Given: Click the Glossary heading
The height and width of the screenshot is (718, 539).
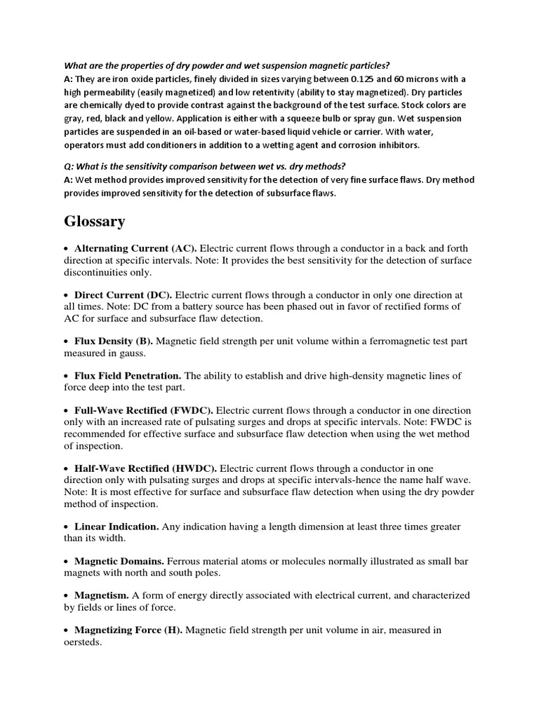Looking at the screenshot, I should point(95,222).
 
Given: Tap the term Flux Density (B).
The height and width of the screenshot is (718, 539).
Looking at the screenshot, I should point(114,341).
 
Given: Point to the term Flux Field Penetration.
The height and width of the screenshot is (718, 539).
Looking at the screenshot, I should point(128,376).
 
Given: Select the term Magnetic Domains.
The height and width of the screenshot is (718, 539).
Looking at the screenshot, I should point(119,561).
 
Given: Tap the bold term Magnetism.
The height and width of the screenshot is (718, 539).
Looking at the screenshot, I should point(101,595).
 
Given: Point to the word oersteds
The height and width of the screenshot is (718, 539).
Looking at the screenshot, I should point(84,642).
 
